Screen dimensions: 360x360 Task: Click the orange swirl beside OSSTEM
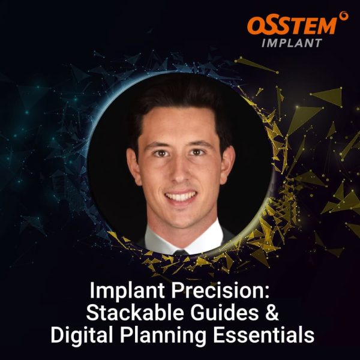[x=343, y=16]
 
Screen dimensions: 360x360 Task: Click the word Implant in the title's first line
[x=123, y=292]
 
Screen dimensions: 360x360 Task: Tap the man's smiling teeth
[x=181, y=196]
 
